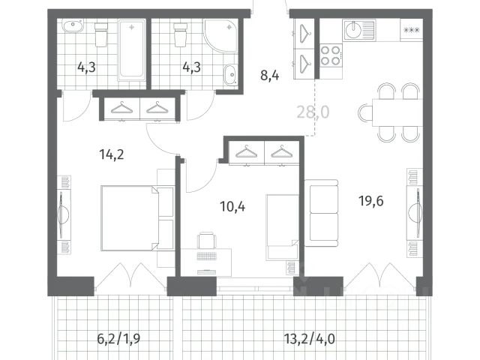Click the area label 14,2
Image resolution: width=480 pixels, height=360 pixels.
coord(112,154)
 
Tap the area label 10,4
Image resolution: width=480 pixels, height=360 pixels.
coord(232,207)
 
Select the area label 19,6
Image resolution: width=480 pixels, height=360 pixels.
coord(371,201)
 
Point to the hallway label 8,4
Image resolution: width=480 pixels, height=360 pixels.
coord(270,75)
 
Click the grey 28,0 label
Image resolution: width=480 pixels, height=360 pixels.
coord(313,112)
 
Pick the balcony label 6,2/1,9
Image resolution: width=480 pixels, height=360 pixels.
coord(118,339)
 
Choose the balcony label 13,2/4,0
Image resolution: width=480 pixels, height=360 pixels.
coord(310,339)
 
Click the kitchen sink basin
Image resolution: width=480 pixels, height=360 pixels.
coord(355,30)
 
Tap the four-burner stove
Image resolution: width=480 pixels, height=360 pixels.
coord(331,55)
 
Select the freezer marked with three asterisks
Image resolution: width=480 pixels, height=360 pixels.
coord(412,30)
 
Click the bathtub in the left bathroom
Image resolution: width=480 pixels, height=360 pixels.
coord(132,50)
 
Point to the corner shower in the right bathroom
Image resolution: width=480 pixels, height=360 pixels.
coord(221,36)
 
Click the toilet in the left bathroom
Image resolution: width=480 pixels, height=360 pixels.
coord(101,34)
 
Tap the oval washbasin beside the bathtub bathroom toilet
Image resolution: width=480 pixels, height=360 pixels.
coord(73,26)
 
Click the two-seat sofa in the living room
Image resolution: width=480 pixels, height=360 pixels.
coord(322,213)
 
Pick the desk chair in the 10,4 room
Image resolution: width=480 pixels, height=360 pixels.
coord(207,240)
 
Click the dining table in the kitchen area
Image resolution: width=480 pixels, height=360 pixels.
coord(397,112)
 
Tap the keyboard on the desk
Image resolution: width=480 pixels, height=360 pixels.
coord(206,256)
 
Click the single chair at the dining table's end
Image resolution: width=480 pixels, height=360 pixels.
coord(365,113)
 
